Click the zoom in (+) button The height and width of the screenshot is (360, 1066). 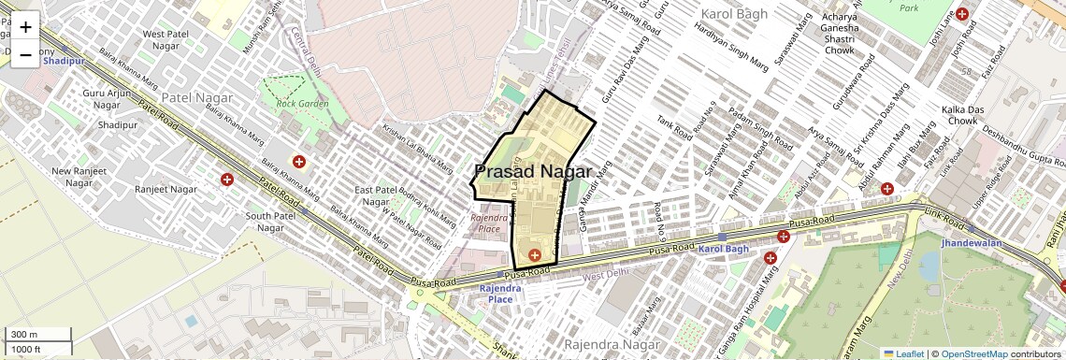coord(25,26)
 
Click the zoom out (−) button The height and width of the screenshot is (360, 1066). coord(25,54)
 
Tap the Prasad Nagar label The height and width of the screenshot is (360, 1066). coord(533,172)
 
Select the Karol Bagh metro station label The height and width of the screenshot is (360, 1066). coord(724,249)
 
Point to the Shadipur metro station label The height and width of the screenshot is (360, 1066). coord(64,61)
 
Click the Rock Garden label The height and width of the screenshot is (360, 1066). coord(302,103)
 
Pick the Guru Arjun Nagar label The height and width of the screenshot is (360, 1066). coord(107,99)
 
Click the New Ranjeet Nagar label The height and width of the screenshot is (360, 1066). coord(79,177)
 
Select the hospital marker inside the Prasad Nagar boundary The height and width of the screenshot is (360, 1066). coord(535,254)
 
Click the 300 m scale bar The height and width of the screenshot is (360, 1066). coord(37,335)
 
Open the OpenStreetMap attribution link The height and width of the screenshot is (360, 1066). coord(974,353)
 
